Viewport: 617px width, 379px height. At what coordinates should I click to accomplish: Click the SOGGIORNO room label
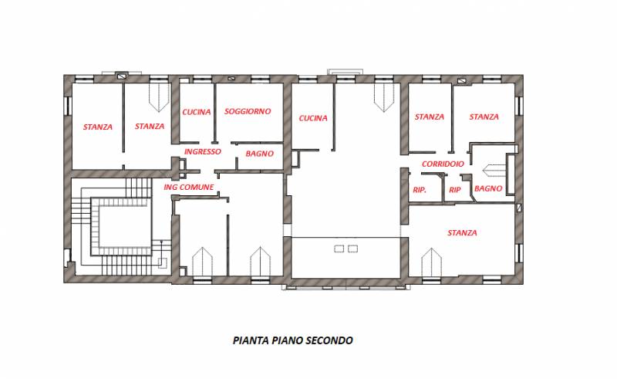[x=248, y=111]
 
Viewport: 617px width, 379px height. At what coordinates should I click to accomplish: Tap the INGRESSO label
[x=203, y=152]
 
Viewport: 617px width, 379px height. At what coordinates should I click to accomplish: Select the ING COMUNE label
[x=189, y=187]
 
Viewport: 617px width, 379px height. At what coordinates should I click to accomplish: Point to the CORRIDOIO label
[x=443, y=164]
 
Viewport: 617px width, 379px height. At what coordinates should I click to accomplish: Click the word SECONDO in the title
[x=329, y=340]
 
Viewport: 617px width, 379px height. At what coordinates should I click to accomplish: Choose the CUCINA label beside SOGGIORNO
[x=197, y=112]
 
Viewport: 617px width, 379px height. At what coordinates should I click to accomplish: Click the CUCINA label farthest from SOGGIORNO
[x=313, y=118]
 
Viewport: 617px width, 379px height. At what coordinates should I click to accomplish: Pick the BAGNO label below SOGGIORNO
[x=259, y=154]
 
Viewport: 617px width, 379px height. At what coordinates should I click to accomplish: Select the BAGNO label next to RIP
[x=488, y=188]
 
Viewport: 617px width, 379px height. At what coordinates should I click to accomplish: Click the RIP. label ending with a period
[x=420, y=190]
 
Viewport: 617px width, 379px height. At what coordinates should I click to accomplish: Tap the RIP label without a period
[x=455, y=190]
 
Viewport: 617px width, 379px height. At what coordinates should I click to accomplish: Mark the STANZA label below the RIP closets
[x=462, y=233]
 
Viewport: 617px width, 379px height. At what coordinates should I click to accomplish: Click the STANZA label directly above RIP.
[x=430, y=117]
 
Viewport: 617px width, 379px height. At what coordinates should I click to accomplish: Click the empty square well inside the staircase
[x=125, y=226]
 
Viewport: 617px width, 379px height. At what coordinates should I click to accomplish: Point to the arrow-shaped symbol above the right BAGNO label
[x=494, y=170]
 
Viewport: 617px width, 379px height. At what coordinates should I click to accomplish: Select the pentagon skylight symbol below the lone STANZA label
[x=431, y=262]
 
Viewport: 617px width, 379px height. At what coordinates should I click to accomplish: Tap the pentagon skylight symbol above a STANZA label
[x=159, y=97]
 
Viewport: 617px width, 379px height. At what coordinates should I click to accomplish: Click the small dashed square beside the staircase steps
[x=163, y=262]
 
